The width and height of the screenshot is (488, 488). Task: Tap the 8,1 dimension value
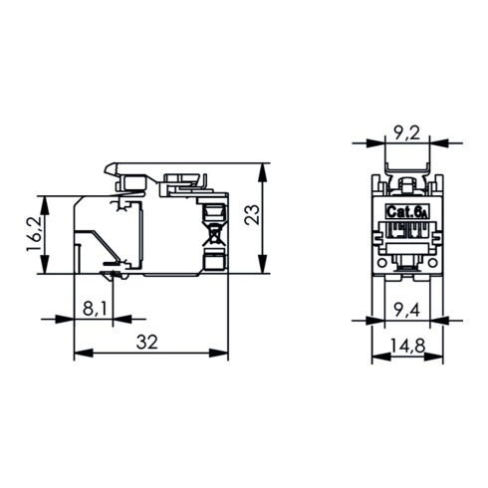[96, 309]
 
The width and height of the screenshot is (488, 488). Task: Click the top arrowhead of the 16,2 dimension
[44, 198]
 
